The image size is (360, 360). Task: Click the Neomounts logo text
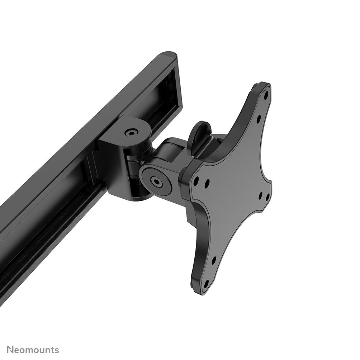click(x=33, y=350)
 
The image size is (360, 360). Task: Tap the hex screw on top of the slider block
click(x=131, y=133)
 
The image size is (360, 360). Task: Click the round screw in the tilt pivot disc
click(x=157, y=181)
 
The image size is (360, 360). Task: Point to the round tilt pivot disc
click(x=157, y=181)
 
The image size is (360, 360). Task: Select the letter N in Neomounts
click(x=10, y=350)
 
